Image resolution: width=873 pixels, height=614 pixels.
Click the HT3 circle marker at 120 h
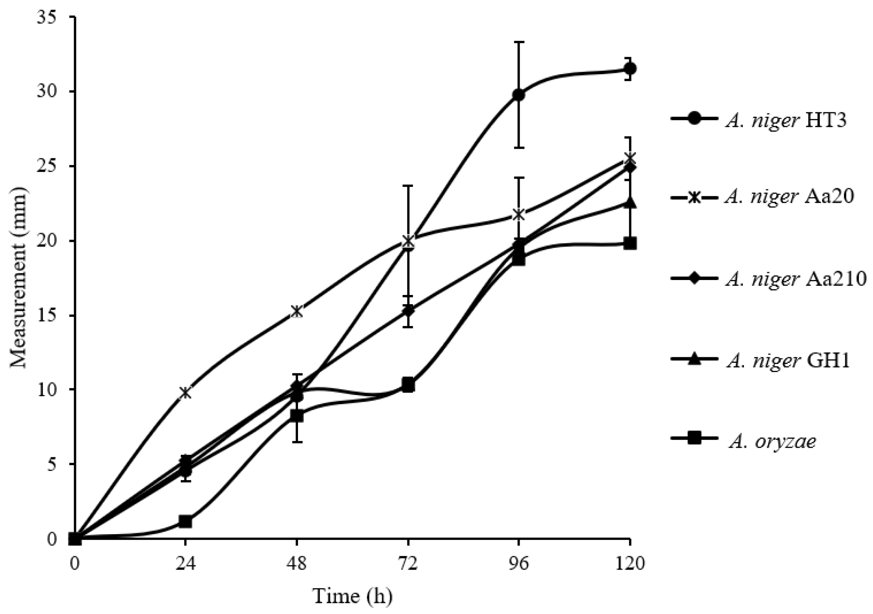630,68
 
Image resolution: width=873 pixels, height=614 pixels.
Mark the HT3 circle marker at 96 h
519,94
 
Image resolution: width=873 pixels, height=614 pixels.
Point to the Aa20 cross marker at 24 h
186,392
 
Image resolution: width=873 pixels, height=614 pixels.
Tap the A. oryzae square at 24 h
186,522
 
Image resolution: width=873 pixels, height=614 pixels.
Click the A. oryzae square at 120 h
630,244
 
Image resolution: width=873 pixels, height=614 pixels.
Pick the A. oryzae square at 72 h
408,385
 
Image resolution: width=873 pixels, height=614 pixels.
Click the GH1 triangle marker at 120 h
630,203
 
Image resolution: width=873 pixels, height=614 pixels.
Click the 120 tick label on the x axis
630,563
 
